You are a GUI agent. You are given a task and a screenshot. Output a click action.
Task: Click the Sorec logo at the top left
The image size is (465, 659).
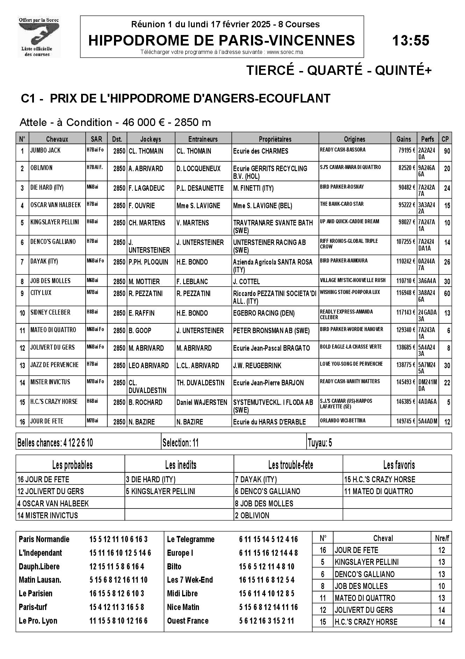click(x=39, y=36)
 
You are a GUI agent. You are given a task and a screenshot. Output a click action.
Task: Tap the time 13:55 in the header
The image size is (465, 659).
click(x=410, y=41)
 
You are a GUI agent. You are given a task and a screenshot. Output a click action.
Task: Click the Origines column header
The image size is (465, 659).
click(x=354, y=139)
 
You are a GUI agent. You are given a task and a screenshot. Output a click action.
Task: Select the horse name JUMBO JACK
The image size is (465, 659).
click(x=45, y=150)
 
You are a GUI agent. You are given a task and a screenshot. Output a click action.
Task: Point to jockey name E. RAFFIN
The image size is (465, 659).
click(x=142, y=313)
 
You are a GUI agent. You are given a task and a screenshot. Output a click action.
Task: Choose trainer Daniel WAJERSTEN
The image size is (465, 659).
click(x=202, y=402)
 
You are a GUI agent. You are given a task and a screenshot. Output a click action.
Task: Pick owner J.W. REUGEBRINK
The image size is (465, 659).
click(x=257, y=366)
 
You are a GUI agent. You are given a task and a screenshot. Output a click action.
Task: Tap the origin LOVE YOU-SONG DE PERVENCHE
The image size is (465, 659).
click(x=351, y=364)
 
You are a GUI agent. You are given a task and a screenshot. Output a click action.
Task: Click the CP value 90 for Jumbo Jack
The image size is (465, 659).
click(x=447, y=151)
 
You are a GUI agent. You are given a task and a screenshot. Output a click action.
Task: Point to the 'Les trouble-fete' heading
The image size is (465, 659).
click(x=291, y=465)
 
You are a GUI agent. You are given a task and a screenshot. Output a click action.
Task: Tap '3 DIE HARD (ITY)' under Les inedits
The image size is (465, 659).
click(x=151, y=479)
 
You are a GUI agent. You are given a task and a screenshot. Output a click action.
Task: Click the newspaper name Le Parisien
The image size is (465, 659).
click(x=36, y=594)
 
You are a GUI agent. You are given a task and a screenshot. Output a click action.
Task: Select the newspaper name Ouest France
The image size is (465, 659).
click(x=188, y=621)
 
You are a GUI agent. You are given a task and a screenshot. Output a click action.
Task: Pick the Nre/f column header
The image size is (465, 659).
click(x=442, y=539)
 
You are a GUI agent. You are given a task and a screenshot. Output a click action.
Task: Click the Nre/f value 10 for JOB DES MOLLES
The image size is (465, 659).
click(x=442, y=586)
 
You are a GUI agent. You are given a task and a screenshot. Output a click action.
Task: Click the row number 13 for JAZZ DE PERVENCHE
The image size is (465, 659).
click(x=22, y=366)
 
